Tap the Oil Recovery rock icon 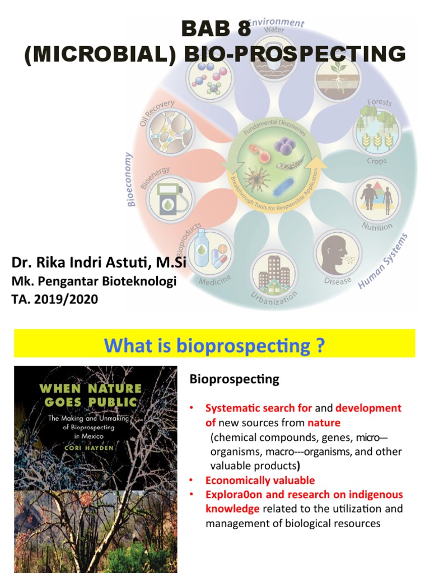pos(169,131)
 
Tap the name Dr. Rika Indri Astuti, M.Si pos(99,262)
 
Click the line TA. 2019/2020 pos(54,299)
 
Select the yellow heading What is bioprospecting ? pos(214,345)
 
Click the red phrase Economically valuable pos(260,480)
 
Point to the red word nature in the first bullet pos(324,422)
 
